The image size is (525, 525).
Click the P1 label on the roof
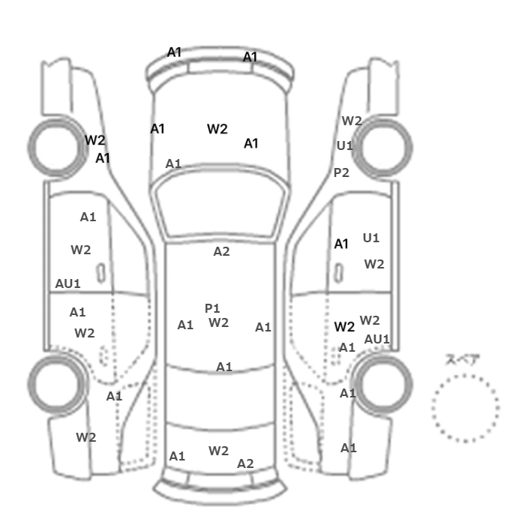[212, 308]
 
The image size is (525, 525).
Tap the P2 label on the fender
[341, 172]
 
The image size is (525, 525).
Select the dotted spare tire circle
[466, 408]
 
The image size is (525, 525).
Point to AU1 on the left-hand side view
[67, 283]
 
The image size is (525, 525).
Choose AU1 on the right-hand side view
[377, 339]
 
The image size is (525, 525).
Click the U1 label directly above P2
[344, 145]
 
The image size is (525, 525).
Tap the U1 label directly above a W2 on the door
[371, 238]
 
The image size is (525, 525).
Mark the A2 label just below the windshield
[222, 251]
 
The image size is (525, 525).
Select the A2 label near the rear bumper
[245, 463]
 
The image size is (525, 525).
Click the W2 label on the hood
[217, 129]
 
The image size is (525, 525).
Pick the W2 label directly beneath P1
[219, 322]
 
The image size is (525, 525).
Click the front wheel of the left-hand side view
[57, 148]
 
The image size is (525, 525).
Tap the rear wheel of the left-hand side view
[57, 384]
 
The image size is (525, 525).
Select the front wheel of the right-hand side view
[382, 148]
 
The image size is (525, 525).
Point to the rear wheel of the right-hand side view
[382, 384]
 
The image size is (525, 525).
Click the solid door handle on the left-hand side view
[100, 273]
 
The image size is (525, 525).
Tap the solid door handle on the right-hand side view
[339, 273]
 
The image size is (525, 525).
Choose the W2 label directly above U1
[352, 121]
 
